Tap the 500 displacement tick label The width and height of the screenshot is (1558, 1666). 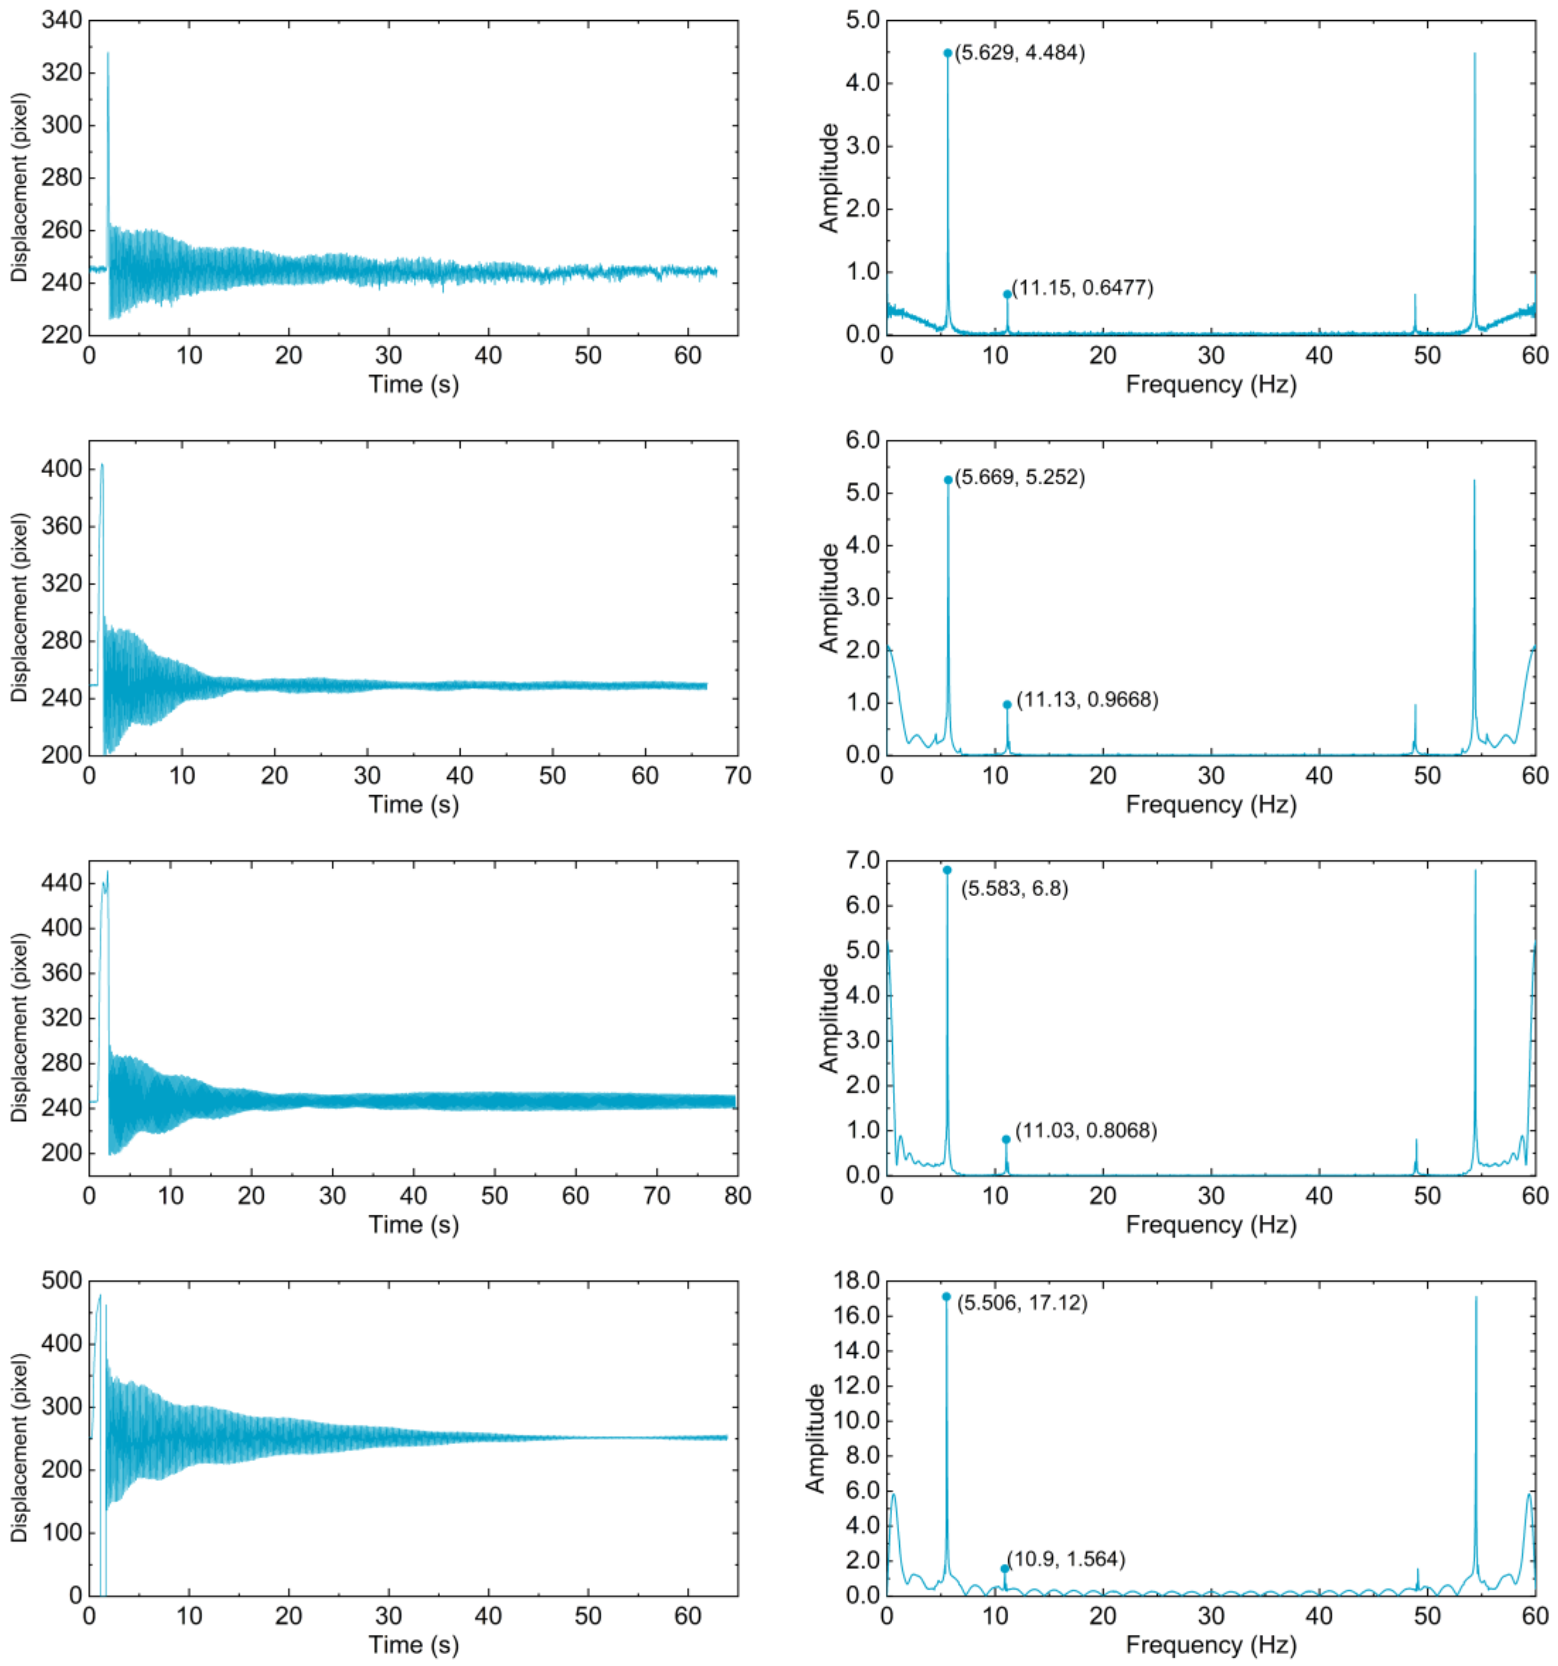[62, 1281]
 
